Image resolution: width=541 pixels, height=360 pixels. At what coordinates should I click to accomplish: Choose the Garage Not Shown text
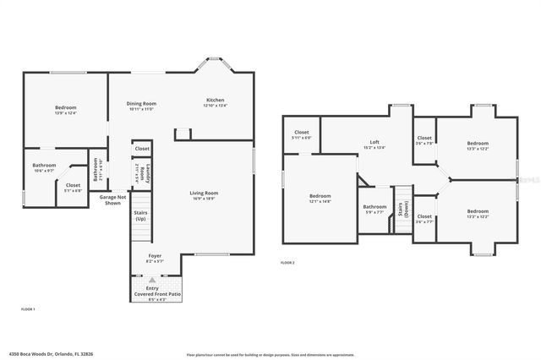[114, 199]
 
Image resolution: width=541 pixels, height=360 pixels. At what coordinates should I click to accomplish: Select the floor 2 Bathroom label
[374, 209]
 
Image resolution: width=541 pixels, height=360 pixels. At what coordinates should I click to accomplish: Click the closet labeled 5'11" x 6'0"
[302, 134]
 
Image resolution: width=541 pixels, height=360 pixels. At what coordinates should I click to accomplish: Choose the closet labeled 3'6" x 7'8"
[424, 140]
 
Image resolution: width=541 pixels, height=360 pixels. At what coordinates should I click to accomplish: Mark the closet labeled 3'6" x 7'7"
[424, 218]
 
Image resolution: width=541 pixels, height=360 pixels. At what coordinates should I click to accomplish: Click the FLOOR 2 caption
[288, 263]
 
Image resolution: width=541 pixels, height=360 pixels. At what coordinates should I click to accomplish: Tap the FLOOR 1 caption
[28, 310]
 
